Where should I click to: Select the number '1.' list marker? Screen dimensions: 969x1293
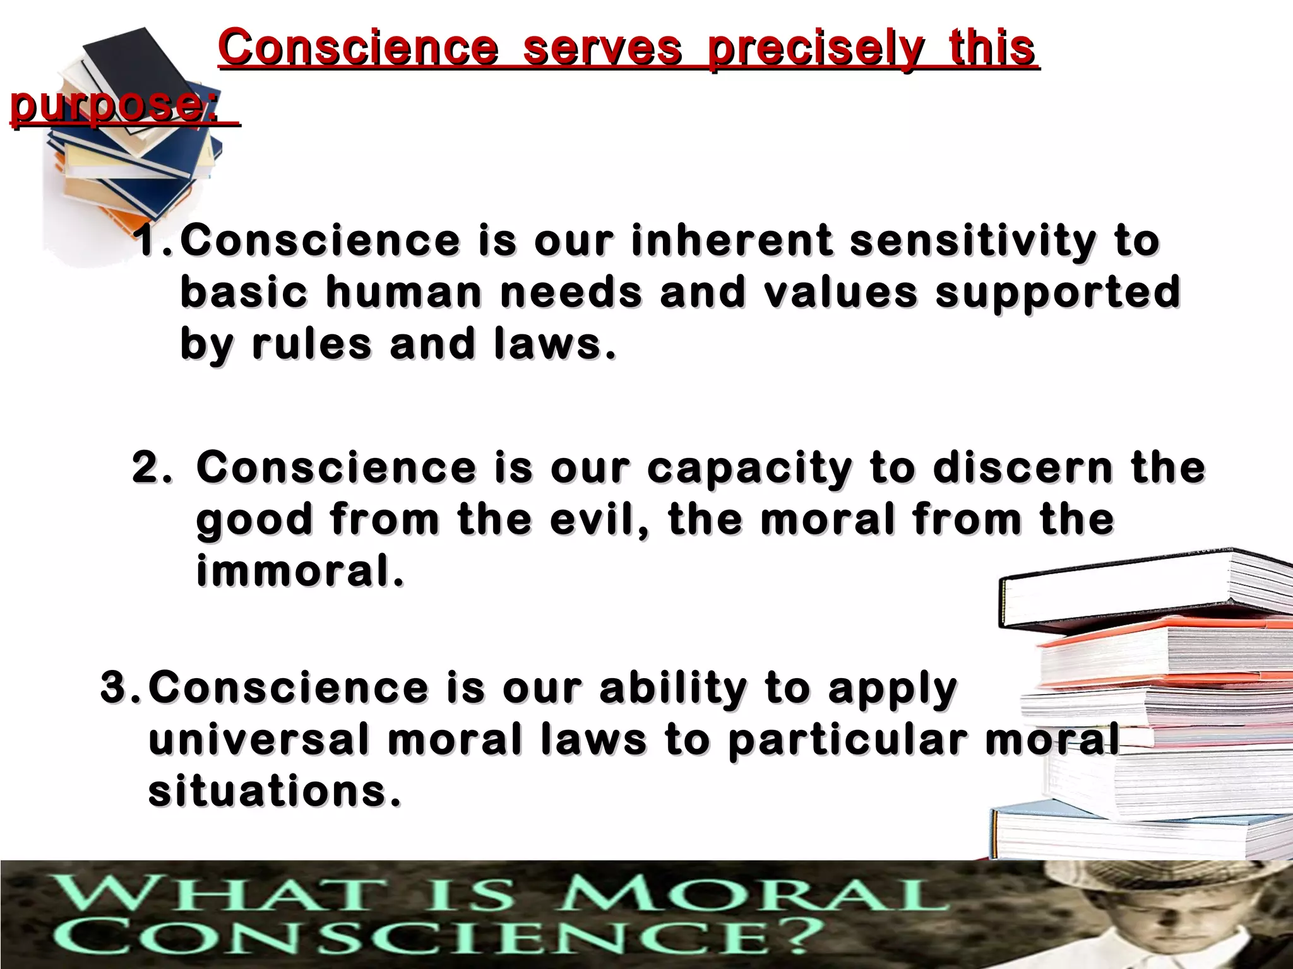pyautogui.click(x=153, y=241)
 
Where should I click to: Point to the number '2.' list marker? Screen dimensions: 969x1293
pyautogui.click(x=152, y=467)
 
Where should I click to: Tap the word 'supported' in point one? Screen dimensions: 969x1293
pyautogui.click(x=1058, y=293)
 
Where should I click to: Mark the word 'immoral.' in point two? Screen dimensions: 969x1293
pyautogui.click(x=300, y=571)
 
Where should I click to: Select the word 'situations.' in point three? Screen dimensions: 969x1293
pyautogui.click(x=275, y=791)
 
